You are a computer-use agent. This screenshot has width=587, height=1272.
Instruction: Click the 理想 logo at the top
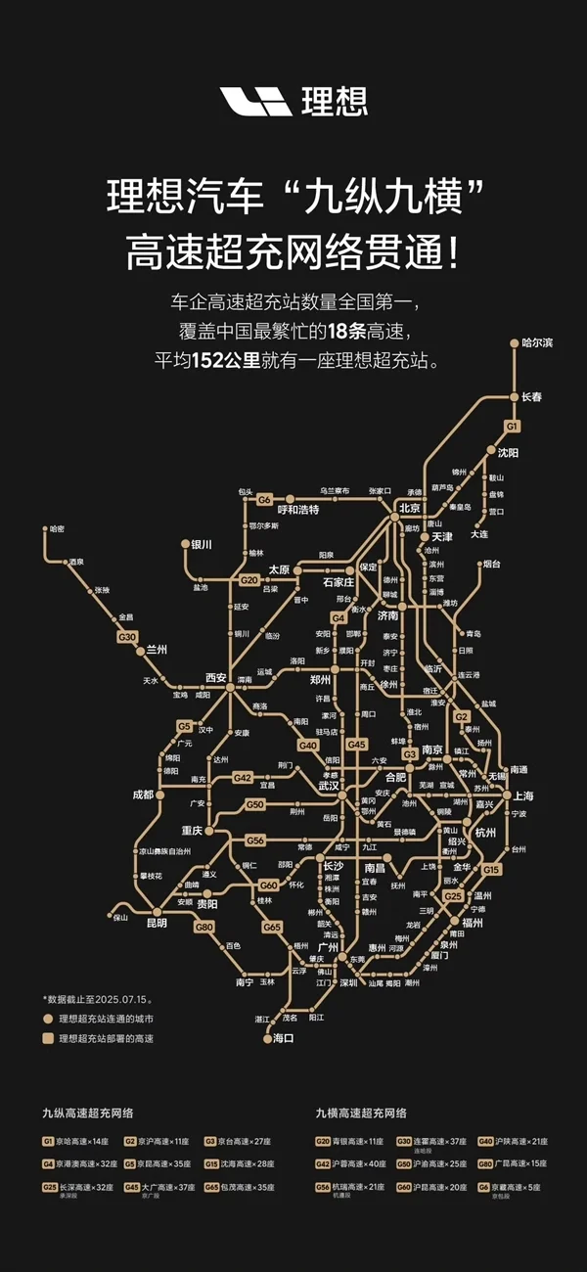coord(293,101)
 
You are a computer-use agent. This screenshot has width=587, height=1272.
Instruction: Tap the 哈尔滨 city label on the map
coord(537,342)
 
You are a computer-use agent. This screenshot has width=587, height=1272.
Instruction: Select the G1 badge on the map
coord(512,427)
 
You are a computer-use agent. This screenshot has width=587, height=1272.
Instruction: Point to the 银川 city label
coord(202,544)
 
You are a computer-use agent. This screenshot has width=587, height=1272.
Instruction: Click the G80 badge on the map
coord(203,926)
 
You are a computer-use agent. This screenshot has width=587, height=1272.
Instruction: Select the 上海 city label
coord(522,795)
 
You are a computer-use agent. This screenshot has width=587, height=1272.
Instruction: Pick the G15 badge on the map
coord(491,869)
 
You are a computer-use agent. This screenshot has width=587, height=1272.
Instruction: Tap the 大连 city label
coord(478,534)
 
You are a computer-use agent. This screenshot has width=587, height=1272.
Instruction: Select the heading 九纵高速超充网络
coord(87,1113)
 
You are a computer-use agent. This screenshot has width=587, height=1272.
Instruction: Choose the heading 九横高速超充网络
coord(361,1113)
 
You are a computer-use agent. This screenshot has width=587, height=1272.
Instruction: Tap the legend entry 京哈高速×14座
coord(89,1141)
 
